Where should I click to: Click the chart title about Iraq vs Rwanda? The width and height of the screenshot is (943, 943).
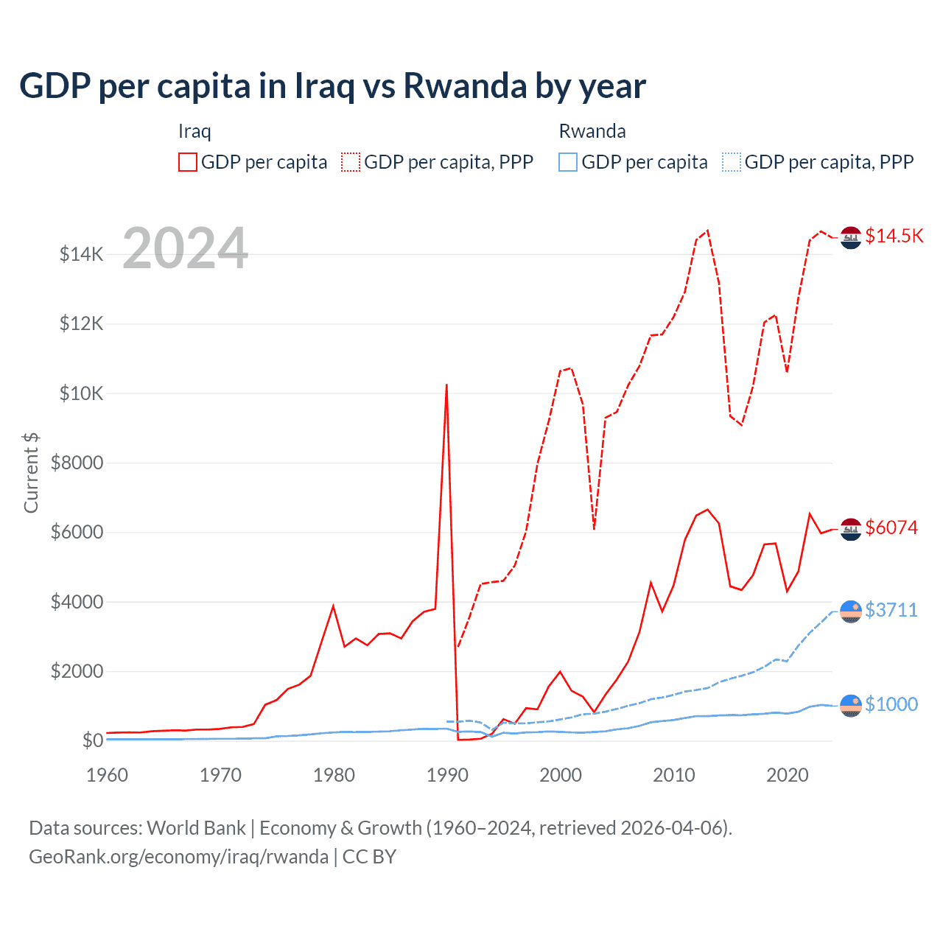click(332, 86)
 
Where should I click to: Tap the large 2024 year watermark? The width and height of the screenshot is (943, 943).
click(185, 248)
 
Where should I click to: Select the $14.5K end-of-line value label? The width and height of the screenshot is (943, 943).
click(894, 236)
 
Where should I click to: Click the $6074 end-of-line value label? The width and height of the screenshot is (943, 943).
click(891, 527)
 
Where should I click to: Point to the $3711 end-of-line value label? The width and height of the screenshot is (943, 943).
click(891, 610)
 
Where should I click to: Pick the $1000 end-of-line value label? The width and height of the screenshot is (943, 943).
click(891, 704)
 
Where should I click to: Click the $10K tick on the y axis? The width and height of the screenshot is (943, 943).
click(81, 393)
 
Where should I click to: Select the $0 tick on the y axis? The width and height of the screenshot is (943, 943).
click(92, 740)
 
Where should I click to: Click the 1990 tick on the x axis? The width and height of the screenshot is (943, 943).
click(447, 775)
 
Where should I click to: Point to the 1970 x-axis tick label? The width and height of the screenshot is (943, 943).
click(220, 775)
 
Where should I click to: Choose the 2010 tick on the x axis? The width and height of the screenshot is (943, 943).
click(674, 775)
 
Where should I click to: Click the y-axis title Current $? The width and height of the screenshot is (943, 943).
click(31, 473)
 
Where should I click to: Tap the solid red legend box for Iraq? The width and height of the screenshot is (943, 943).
click(188, 162)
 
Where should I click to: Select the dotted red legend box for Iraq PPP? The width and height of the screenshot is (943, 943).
click(351, 162)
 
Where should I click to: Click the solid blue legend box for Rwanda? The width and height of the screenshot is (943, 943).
click(568, 162)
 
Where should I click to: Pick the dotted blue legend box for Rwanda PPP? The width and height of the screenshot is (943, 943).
click(732, 162)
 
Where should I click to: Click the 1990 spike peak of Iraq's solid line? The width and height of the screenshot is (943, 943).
click(446, 385)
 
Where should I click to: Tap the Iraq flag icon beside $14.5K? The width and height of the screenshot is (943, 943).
click(851, 237)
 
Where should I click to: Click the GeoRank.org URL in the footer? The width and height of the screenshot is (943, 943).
click(178, 857)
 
